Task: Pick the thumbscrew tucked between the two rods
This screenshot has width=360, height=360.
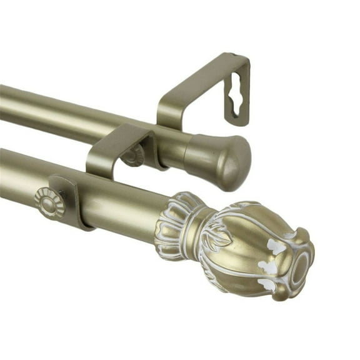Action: click(132, 156)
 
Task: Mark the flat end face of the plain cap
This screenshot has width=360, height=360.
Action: click(242, 164)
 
